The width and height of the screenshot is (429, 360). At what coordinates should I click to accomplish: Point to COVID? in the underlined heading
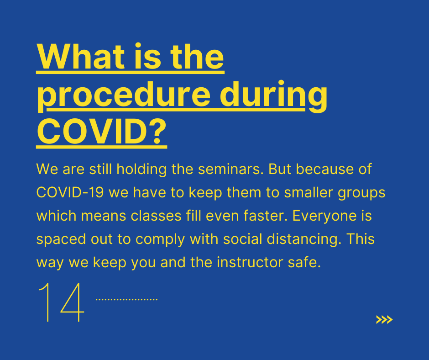102,132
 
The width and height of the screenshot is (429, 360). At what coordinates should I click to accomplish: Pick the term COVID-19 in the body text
70,192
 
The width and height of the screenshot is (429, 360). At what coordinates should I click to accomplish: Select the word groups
361,193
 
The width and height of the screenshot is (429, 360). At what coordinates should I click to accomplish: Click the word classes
156,216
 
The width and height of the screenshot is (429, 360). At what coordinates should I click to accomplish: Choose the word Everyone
324,217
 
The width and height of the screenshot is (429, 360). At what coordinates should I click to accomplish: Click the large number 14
61,302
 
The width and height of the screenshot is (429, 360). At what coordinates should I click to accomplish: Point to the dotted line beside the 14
126,299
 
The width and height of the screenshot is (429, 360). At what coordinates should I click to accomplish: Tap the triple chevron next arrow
384,320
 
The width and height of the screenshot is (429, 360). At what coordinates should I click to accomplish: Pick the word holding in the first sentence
141,170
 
